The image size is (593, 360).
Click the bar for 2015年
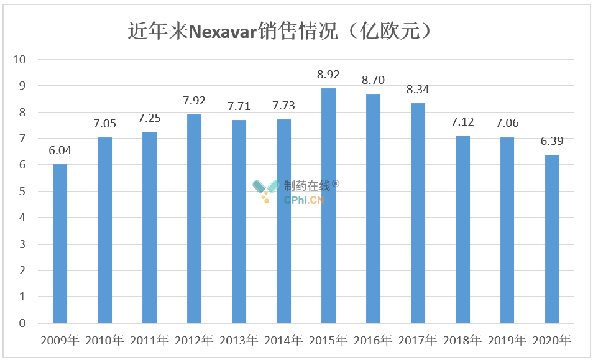pos(328,205)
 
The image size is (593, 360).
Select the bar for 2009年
pos(60,243)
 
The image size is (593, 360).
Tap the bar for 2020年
pos(552,239)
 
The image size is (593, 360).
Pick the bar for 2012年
pos(194,218)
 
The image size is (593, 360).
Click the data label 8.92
pos(328,75)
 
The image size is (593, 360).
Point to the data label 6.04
pos(60,150)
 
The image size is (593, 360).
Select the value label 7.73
pos(283,106)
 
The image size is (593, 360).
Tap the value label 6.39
pos(552,141)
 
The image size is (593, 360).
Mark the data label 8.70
pos(373,80)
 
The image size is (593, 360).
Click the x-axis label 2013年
pos(239,340)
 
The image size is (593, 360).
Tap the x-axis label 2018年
pos(462,340)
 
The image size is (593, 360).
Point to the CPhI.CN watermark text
pos(305,200)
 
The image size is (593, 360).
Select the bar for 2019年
pos(507,230)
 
